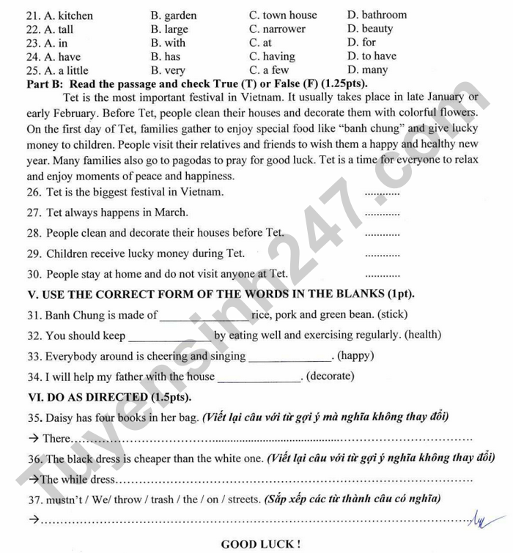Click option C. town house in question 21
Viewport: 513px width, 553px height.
coord(283,15)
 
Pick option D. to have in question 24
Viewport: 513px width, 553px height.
coord(372,56)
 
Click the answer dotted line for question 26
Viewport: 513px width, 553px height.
coord(382,193)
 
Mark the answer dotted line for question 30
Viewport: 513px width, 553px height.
coord(382,275)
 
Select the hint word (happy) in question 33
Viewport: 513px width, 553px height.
coord(355,356)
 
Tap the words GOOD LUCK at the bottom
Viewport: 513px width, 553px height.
coord(260,544)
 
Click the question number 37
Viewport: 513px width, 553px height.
coord(34,500)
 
